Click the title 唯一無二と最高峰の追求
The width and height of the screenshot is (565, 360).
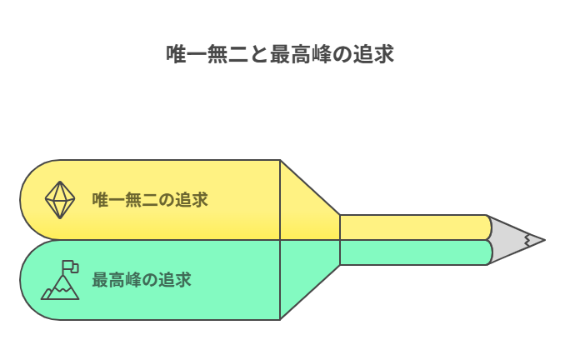pos(280,54)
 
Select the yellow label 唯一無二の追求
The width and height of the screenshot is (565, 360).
pos(150,200)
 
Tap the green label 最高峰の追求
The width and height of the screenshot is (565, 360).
pos(142,280)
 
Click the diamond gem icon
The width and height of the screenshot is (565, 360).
pos(60,200)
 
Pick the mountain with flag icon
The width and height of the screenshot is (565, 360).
pos(60,280)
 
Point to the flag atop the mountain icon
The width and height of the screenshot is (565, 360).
pos(70,267)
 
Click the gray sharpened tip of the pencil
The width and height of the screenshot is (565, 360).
pos(516,240)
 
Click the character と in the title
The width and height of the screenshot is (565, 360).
pos(259,54)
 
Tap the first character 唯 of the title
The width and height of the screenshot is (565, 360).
pos(176,54)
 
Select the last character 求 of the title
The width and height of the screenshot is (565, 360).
pos(384,54)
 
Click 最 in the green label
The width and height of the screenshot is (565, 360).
pos(100,280)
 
